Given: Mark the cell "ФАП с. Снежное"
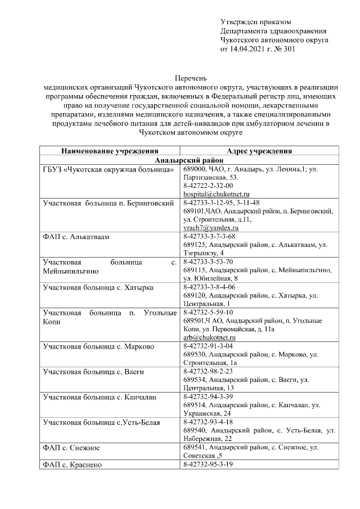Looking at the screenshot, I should tap(71, 447).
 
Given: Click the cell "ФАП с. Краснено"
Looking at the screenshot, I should tap(72, 464).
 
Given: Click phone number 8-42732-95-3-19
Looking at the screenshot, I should tap(208, 464).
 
